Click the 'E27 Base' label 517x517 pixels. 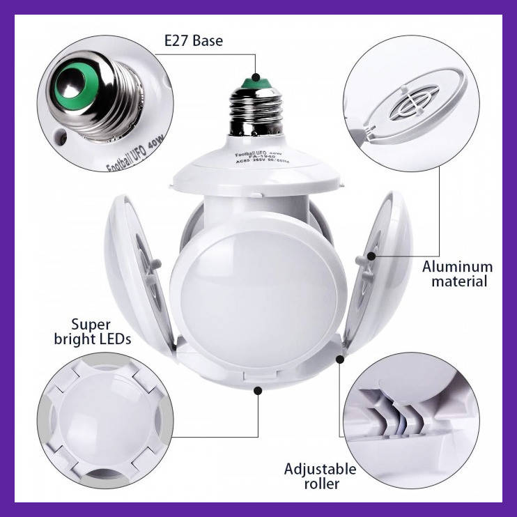[x=193, y=40]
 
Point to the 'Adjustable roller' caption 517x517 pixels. [x=320, y=476]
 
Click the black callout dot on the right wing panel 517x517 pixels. [x=371, y=256]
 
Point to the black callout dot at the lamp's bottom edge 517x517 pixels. [x=258, y=392]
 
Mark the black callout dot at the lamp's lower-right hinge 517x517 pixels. [x=340, y=360]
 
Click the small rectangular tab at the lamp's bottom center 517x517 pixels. [x=255, y=376]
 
